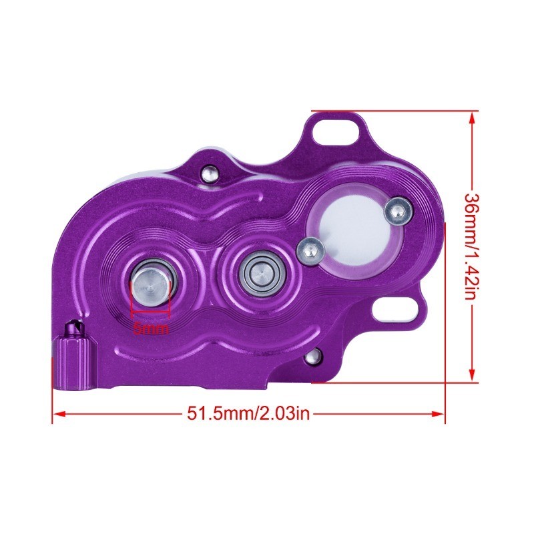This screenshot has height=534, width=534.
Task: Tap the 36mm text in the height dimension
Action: pos(472,212)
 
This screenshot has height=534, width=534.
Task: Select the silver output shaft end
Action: pos(152,284)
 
